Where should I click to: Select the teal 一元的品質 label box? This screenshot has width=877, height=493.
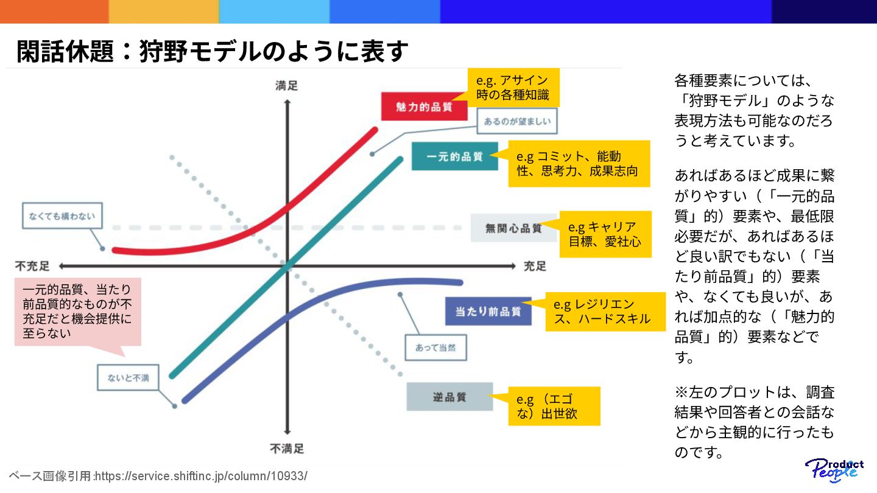[454, 156]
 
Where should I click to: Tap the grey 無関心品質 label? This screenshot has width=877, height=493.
[513, 228]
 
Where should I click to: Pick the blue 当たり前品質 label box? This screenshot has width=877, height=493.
[488, 311]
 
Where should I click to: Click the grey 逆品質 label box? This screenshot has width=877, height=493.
[449, 397]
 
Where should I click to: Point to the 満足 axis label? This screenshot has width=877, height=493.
[286, 86]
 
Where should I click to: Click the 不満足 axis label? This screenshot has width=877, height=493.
[286, 449]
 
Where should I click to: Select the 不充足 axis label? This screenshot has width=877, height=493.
[33, 266]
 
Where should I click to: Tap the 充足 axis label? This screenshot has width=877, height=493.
[535, 266]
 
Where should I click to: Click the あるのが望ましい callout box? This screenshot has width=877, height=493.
[517, 121]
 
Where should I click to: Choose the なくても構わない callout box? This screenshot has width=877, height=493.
[62, 215]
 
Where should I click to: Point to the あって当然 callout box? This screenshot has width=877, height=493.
[435, 348]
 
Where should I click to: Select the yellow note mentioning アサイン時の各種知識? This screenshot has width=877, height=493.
[513, 87]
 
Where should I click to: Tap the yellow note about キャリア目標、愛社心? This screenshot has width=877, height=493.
[605, 234]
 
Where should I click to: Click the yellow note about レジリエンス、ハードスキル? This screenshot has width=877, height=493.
[605, 311]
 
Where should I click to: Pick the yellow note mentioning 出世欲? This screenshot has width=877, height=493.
[554, 407]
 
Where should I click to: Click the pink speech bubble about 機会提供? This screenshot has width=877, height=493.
[77, 311]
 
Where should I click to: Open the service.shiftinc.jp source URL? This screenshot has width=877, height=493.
[202, 476]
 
